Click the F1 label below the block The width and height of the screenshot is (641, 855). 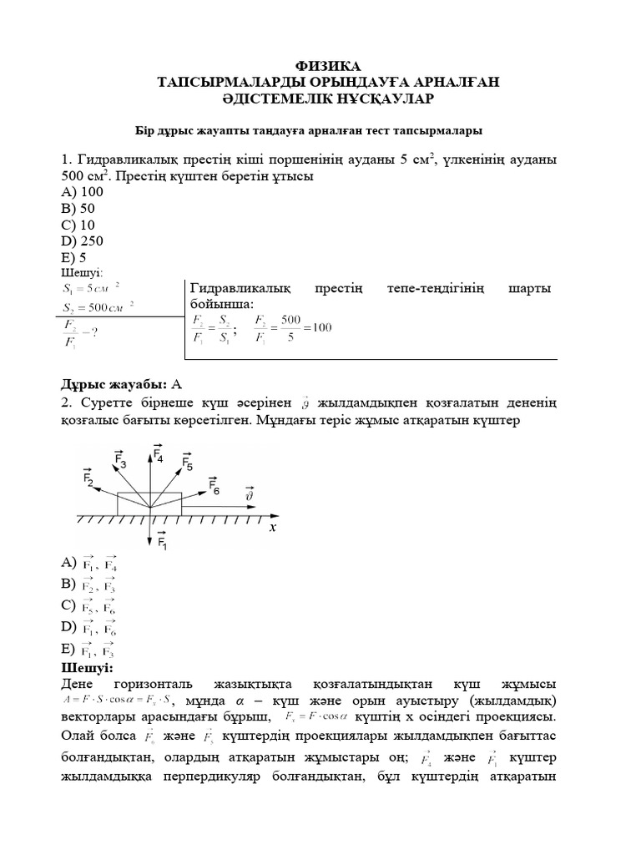coord(163,542)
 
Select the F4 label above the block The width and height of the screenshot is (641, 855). coord(158,453)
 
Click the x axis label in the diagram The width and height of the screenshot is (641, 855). coord(271,529)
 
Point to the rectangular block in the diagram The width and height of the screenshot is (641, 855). coord(149,504)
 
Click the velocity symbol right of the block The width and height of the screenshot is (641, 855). coord(249,495)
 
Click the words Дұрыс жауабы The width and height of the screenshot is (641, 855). coord(113,384)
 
